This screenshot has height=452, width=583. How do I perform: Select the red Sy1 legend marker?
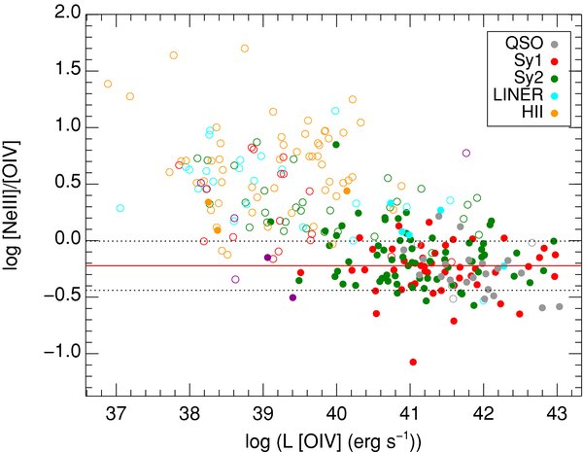tap(555, 61)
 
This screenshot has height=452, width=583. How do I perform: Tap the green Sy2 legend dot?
tap(555, 78)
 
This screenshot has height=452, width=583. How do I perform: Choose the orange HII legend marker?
tap(555, 113)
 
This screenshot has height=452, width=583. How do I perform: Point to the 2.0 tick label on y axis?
tap(67, 14)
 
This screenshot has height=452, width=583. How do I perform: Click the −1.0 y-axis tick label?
tap(62, 352)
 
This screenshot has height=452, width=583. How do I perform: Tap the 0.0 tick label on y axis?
tap(67, 239)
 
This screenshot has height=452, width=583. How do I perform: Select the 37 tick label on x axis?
tap(117, 413)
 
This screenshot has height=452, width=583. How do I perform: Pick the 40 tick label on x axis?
tap(336, 413)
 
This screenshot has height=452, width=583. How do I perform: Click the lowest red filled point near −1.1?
tap(413, 362)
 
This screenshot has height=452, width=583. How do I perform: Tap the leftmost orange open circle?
tap(108, 84)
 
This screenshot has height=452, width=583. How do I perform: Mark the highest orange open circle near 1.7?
tap(245, 49)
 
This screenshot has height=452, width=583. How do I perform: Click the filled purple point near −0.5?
tap(292, 297)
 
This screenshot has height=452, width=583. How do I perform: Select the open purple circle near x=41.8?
tap(466, 153)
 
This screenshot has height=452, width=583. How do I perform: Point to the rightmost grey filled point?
tap(560, 306)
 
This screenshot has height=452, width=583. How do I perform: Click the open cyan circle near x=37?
tap(120, 208)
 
